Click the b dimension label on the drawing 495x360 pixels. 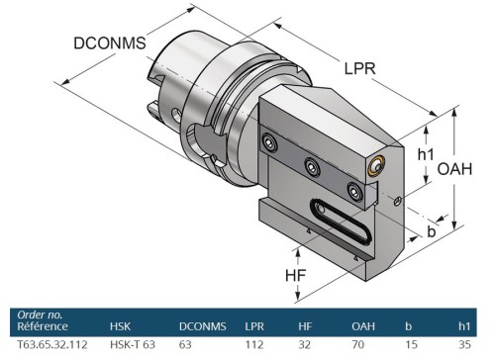[x=432, y=230]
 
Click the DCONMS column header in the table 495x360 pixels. [x=202, y=324]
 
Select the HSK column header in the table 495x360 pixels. [x=121, y=324]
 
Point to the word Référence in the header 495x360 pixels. [x=42, y=325]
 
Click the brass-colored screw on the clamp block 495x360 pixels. [x=375, y=167]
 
